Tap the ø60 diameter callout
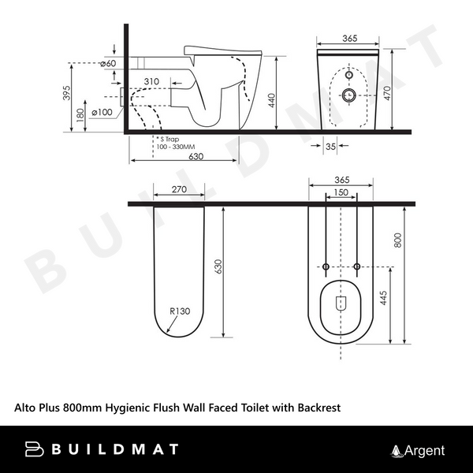point(110,64)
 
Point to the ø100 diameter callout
point(101,113)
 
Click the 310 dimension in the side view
point(152,81)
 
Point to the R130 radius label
point(180,311)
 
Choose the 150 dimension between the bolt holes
point(341,192)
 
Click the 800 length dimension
point(398,239)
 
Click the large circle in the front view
point(350,96)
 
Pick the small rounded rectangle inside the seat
point(341,302)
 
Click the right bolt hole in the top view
point(357,267)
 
